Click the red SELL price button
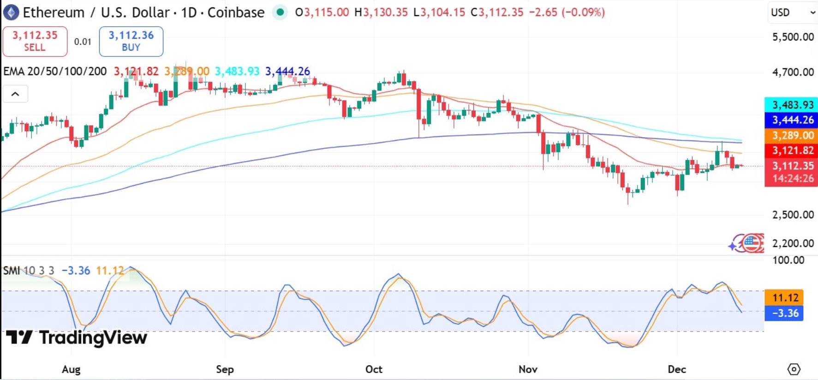[x=35, y=41]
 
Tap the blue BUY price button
[x=131, y=41]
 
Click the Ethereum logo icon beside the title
[x=11, y=12]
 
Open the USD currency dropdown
[x=793, y=12]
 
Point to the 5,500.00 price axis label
[x=793, y=37]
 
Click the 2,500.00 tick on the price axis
[x=793, y=215]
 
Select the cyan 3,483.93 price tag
[x=792, y=105]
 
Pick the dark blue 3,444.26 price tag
[x=792, y=120]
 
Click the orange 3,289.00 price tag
[x=792, y=135]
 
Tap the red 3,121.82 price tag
[x=792, y=151]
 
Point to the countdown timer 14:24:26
[x=792, y=179]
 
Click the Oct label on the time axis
[x=374, y=369]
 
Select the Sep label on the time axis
[x=225, y=369]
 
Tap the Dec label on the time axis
[x=677, y=369]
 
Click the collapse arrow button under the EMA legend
[x=15, y=94]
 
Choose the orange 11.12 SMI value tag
[x=785, y=298]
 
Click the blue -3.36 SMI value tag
[x=785, y=313]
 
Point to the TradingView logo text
[x=77, y=338]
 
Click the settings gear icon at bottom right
[x=794, y=369]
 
